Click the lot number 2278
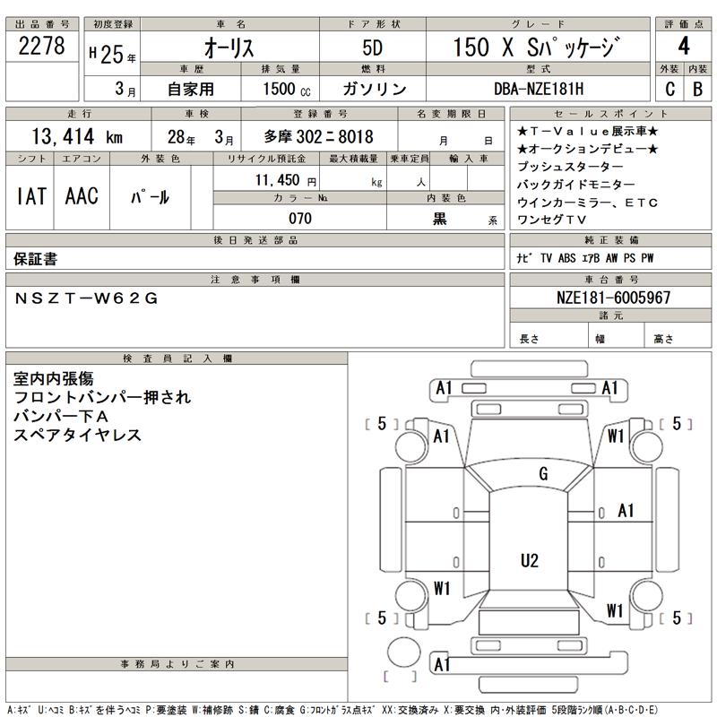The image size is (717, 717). (42, 47)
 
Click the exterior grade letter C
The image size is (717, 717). (669, 89)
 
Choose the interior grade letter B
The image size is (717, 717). (696, 89)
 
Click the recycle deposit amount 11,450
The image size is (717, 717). (285, 180)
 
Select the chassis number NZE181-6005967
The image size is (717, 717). (613, 298)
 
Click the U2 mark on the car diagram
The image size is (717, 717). (530, 561)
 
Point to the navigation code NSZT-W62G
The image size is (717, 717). (86, 298)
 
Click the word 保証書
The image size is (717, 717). (36, 258)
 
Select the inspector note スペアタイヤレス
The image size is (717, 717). (78, 435)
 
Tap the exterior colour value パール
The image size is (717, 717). (151, 197)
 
